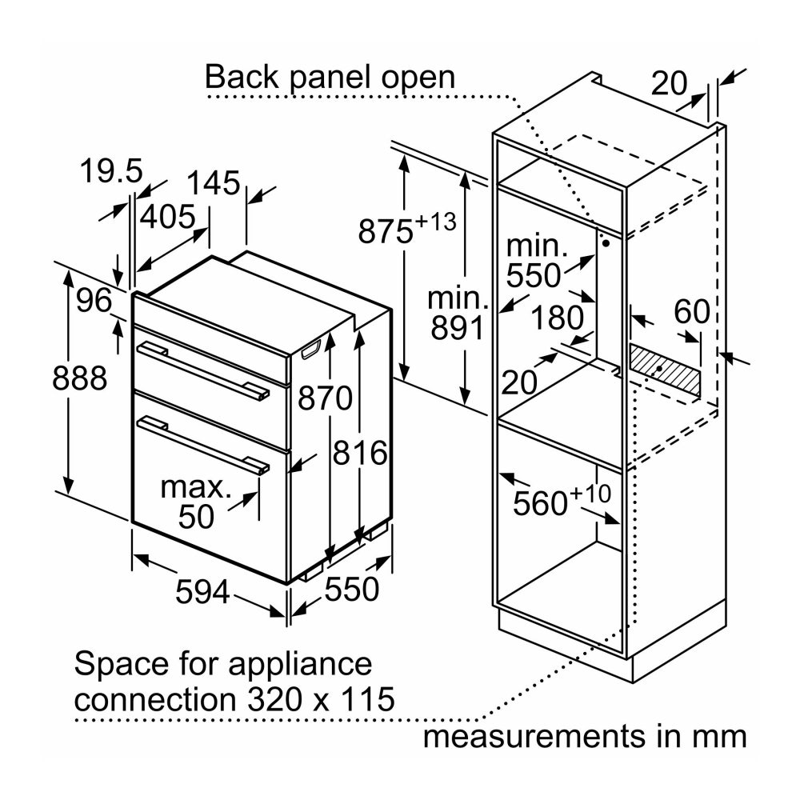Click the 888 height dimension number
coord(79,378)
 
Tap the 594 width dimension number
coord(202,593)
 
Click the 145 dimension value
coord(214,183)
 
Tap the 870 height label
coord(325,397)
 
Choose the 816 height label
coord(361,453)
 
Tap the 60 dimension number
coord(692,312)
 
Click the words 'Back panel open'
coord(330,78)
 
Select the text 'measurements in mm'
coord(585,735)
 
